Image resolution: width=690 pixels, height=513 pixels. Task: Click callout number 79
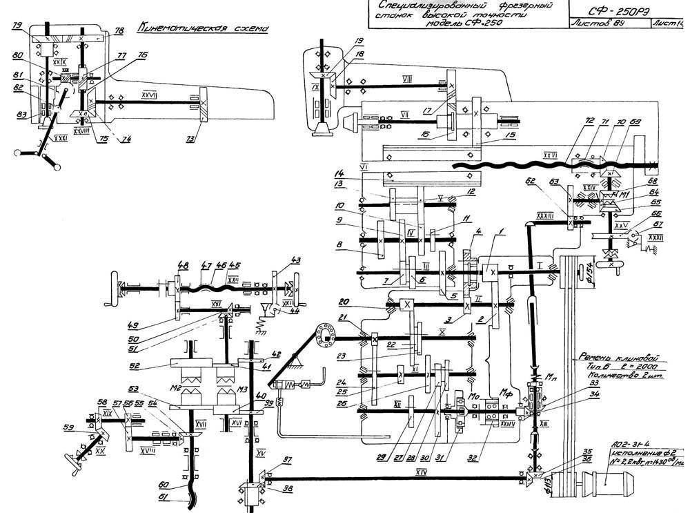click(x=19, y=26)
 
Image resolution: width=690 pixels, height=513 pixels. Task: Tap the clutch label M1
click(x=624, y=195)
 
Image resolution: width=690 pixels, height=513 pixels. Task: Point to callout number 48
click(x=183, y=264)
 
